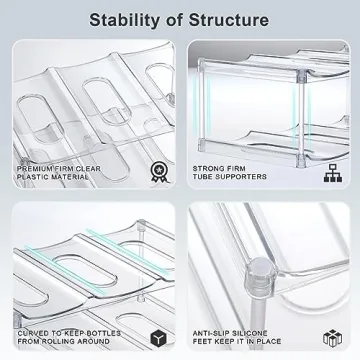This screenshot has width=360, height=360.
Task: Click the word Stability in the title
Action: pyautogui.click(x=123, y=19)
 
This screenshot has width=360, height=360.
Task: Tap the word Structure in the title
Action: pyautogui.click(x=227, y=19)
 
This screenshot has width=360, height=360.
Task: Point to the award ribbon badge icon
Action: pyautogui.click(x=153, y=145)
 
